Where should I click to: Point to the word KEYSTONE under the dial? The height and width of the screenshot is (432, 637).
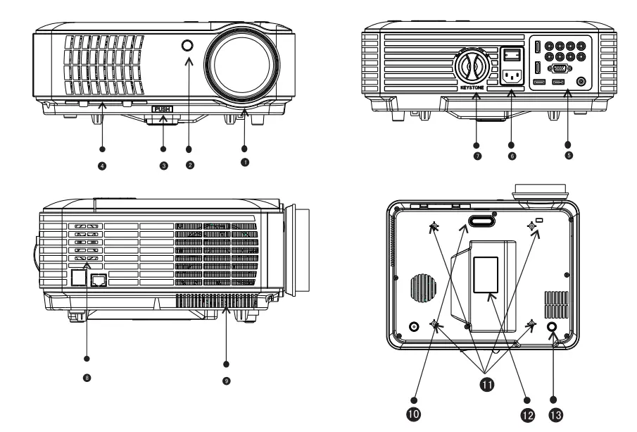[x=472, y=90]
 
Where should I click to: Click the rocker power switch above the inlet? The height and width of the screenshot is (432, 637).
[x=512, y=54]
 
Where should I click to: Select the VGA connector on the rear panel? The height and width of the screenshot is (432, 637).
[x=560, y=69]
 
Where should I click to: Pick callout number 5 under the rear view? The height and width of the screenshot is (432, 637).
[x=568, y=154]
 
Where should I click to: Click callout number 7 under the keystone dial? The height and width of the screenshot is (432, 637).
[x=477, y=154]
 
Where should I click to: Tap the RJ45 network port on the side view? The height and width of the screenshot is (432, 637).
[x=100, y=280]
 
